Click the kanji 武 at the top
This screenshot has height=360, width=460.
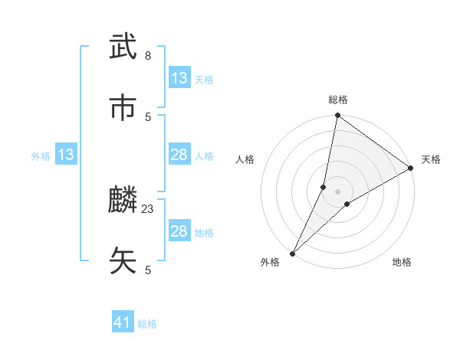123,47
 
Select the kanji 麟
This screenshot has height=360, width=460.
123,201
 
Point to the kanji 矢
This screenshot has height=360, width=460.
123,260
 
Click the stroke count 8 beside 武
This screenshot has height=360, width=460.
148,56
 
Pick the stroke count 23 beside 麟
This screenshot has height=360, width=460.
148,209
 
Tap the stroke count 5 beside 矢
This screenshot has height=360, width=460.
148,270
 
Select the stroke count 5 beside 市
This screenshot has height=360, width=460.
148,116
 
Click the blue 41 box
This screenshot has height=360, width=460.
123,323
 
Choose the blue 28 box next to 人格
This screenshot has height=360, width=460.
179,155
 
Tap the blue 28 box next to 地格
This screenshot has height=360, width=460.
179,231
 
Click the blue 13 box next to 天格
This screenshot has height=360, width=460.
179,78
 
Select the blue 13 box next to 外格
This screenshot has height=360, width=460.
66,155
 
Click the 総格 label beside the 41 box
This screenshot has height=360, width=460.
147,324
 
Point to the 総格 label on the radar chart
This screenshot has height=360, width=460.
338,100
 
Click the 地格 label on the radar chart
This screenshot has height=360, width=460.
402,263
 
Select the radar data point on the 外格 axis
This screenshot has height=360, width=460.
293,253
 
